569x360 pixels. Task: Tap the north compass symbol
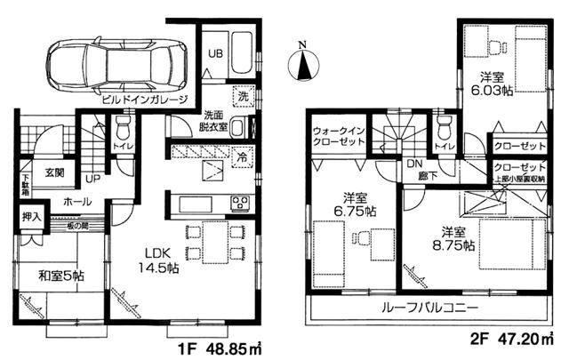[304, 64]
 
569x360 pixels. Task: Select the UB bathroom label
[215, 54]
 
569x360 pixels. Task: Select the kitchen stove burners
[241, 203]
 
